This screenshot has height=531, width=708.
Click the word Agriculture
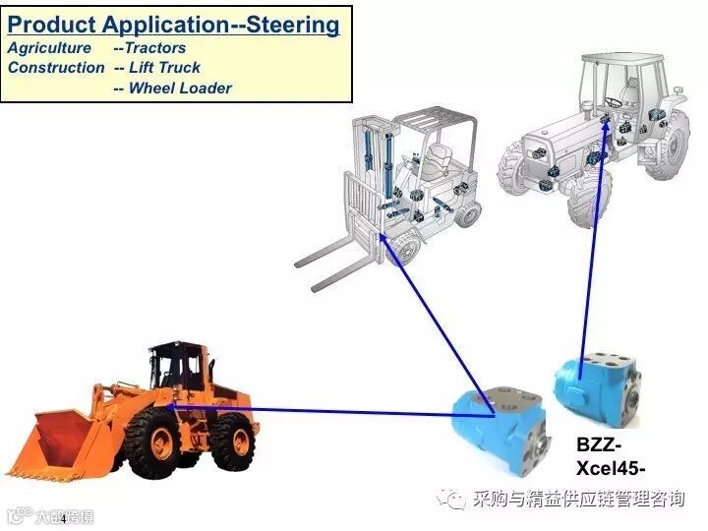coord(49,47)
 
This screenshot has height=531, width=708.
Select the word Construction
coord(56,67)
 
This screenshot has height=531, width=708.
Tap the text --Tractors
coord(149,47)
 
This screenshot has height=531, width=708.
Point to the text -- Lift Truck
coord(157,67)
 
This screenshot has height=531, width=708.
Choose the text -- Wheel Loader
coord(173,88)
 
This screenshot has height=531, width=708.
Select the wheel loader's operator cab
coord(177,369)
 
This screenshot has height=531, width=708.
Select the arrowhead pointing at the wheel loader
coord(170,405)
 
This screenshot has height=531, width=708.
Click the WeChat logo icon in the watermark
coord(455,500)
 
